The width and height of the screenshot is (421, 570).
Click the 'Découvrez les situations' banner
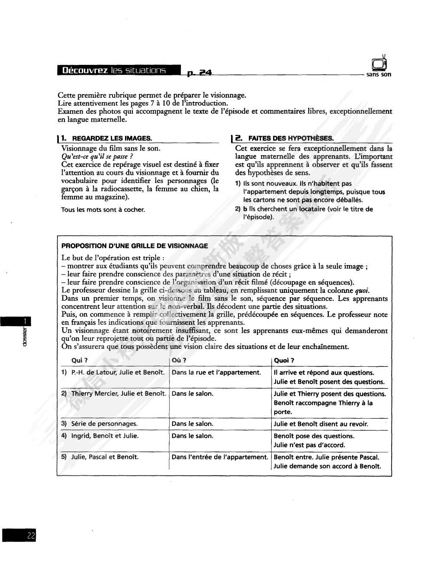[114, 70]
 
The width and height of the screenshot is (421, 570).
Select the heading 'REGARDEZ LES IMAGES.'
[112, 138]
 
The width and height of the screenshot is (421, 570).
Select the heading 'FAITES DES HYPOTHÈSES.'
[291, 138]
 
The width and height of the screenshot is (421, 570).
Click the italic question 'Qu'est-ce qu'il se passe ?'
[97, 156]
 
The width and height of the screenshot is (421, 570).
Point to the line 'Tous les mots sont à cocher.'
[103, 210]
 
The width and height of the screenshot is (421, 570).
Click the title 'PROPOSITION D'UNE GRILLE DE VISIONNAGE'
[135, 246]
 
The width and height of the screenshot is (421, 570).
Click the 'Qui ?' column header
[80, 360]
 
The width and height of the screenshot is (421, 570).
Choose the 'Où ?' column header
[179, 360]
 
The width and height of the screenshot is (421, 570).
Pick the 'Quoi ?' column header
[284, 360]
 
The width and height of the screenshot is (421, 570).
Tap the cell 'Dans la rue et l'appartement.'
[216, 372]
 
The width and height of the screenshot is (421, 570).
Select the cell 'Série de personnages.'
[104, 424]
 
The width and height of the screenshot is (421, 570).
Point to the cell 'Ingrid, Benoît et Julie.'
[105, 436]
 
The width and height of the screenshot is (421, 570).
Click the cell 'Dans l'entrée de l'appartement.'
[220, 457]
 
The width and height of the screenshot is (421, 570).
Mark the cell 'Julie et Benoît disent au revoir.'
[321, 424]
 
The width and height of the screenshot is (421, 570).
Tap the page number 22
[31, 535]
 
